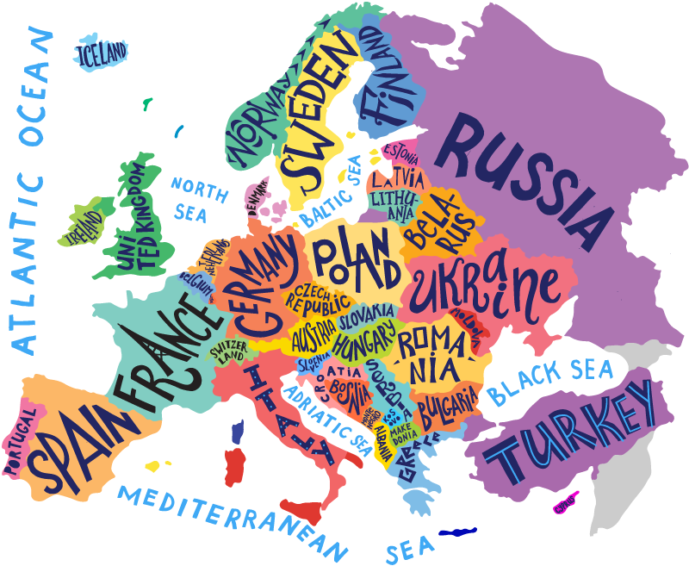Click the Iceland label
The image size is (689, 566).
coord(102,53)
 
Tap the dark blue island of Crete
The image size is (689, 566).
coord(457,532)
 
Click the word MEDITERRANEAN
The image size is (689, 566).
coord(233,522)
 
